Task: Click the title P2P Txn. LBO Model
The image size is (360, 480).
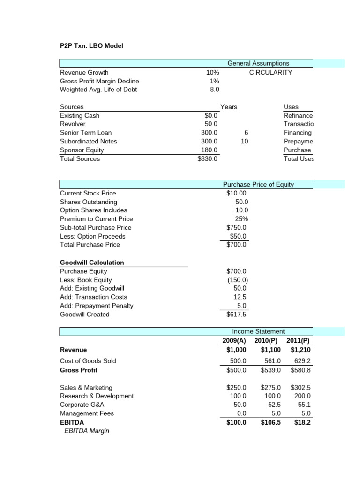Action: tap(91, 46)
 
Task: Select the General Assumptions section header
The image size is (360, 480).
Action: tap(258, 63)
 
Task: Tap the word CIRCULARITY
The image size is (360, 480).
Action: tap(270, 72)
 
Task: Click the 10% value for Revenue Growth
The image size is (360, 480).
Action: tap(212, 72)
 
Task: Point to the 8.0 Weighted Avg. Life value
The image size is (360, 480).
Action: tap(214, 90)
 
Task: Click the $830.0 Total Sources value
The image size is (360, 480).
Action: tap(208, 159)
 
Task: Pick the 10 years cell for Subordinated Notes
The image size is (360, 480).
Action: tap(244, 142)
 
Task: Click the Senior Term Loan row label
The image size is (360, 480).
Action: tap(86, 133)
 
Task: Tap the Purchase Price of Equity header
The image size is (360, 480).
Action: tap(258, 184)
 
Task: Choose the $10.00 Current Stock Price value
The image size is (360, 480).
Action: tap(236, 193)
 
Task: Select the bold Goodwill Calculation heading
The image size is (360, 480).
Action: tap(92, 262)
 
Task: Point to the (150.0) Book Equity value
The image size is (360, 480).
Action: tap(237, 280)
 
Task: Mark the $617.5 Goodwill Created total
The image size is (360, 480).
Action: tap(236, 315)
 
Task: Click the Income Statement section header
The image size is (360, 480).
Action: tap(258, 331)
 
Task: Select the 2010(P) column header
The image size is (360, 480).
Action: tap(267, 340)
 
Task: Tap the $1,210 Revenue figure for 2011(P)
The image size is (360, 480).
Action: tap(300, 350)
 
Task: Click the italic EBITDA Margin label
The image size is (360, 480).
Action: tap(86, 431)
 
